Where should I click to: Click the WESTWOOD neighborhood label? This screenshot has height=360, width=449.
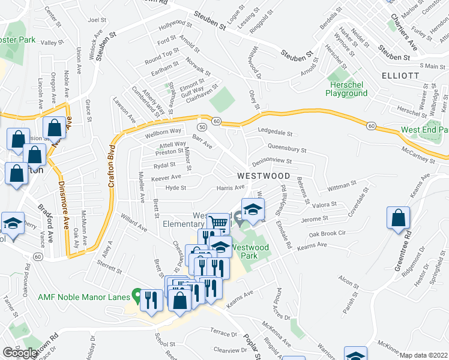tap(263, 176)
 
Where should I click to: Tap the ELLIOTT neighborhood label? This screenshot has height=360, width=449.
tap(399, 76)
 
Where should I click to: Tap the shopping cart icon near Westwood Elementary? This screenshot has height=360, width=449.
tap(220, 223)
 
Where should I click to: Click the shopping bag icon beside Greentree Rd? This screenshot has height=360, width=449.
tap(398, 218)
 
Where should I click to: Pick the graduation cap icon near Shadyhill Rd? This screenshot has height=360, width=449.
tap(253, 210)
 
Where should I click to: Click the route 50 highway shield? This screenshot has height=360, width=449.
tap(202, 127)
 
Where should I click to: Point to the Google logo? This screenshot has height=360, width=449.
tap(20, 353)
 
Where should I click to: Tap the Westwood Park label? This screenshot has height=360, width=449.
tap(252, 251)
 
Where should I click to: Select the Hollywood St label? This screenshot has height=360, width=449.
tap(175, 27)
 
